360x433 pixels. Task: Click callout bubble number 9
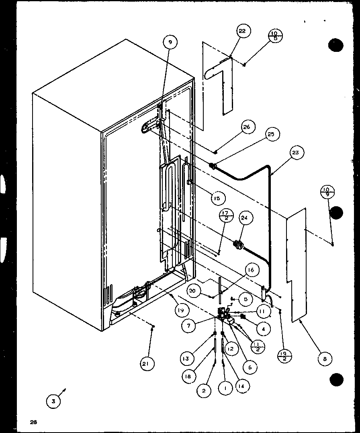[x=170, y=42]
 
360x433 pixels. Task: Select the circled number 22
[x=243, y=31]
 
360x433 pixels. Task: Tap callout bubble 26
[x=246, y=127]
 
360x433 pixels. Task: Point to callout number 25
[x=271, y=135]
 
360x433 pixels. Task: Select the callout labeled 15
[x=217, y=198]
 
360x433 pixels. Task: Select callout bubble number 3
[x=53, y=401]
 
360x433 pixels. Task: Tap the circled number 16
[x=251, y=270]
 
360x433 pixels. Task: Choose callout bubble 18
[x=188, y=376]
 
